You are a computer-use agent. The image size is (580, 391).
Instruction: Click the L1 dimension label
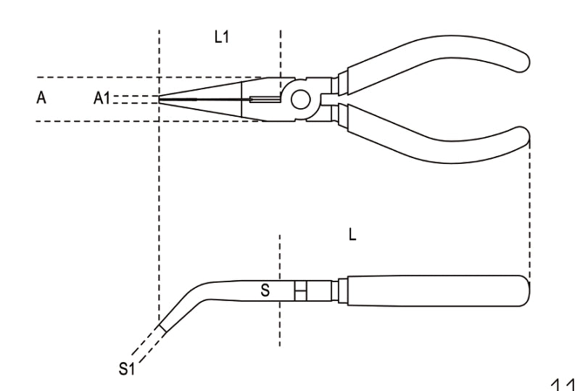[x=222, y=37]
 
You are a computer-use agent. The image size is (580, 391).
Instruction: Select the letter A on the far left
[x=41, y=98]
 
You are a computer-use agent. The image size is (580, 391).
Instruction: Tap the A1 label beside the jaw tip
[x=102, y=99]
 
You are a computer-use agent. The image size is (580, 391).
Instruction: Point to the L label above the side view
[x=352, y=235]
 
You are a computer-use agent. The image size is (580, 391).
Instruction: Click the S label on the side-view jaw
[x=265, y=291]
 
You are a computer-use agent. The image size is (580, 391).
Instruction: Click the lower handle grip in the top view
[x=435, y=138]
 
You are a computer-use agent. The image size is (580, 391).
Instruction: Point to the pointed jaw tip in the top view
[x=161, y=99]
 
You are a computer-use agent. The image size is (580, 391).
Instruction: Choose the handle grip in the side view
[x=435, y=290]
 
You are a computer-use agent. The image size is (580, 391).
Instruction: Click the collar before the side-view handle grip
[x=339, y=290]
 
